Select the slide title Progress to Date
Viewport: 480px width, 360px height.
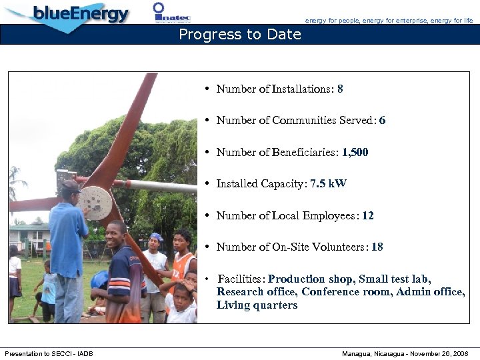(240, 35)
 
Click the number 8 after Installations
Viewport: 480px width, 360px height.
(340, 89)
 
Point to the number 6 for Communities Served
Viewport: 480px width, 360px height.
(382, 121)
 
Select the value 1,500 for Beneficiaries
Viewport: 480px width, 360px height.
(355, 152)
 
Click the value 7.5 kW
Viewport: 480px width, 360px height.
(328, 184)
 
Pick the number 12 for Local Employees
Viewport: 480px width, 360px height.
(367, 215)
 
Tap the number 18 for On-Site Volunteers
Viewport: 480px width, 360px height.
(377, 247)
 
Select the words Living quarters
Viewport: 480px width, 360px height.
(257, 305)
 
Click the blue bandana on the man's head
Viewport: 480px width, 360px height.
(156, 237)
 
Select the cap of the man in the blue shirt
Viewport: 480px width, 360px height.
(70, 186)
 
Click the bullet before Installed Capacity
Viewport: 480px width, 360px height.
(208, 184)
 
